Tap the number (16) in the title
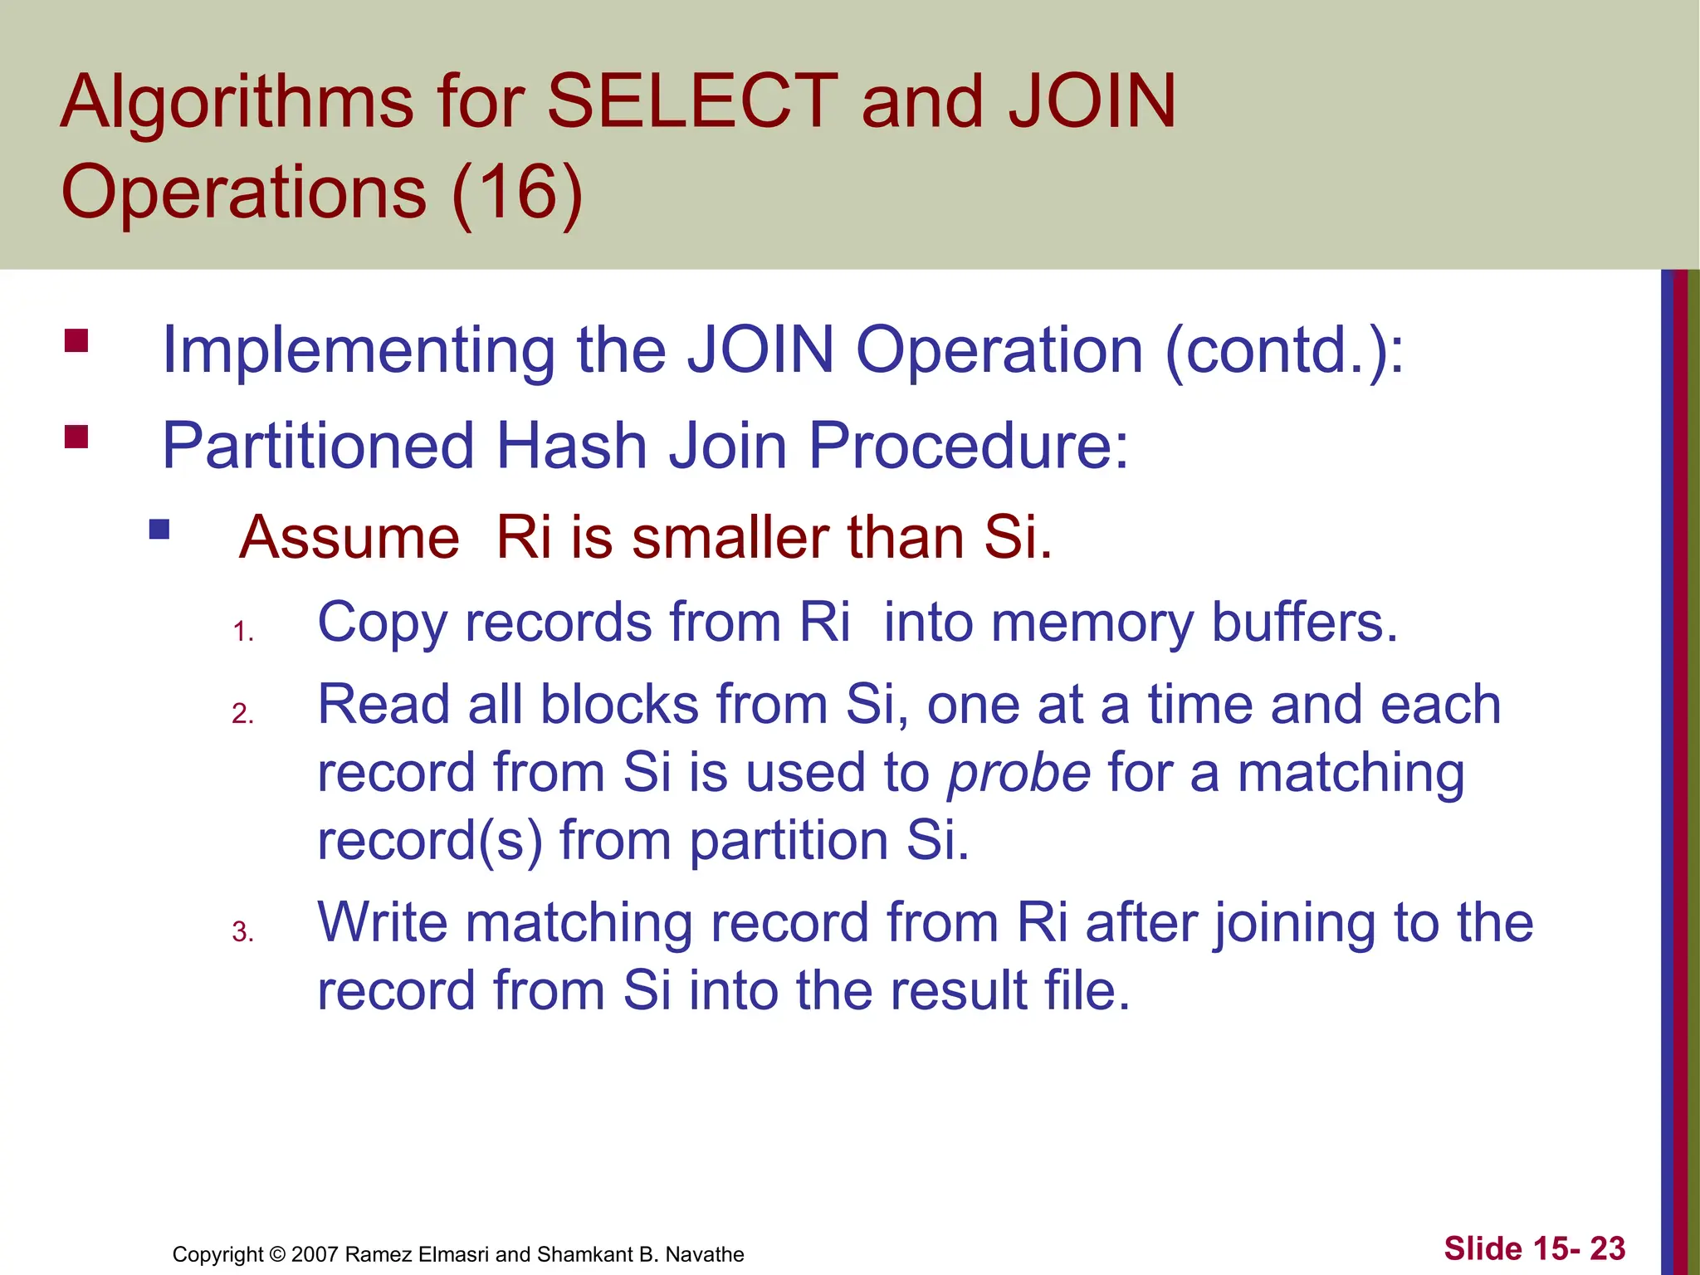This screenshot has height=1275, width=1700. [517, 192]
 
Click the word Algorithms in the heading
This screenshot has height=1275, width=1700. [237, 103]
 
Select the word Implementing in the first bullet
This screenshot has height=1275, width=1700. [358, 351]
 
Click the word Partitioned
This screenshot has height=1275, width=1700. [318, 446]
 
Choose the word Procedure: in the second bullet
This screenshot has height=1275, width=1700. [968, 446]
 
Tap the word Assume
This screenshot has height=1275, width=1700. [349, 538]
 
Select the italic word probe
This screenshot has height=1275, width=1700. [1019, 773]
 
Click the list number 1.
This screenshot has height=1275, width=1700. [242, 633]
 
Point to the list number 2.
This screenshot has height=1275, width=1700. [242, 714]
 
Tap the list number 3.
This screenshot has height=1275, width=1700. [242, 932]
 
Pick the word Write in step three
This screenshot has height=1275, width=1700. [382, 922]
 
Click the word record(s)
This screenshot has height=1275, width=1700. [430, 840]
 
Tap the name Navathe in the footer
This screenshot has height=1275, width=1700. [705, 1254]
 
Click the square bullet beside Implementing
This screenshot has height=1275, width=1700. [76, 341]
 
